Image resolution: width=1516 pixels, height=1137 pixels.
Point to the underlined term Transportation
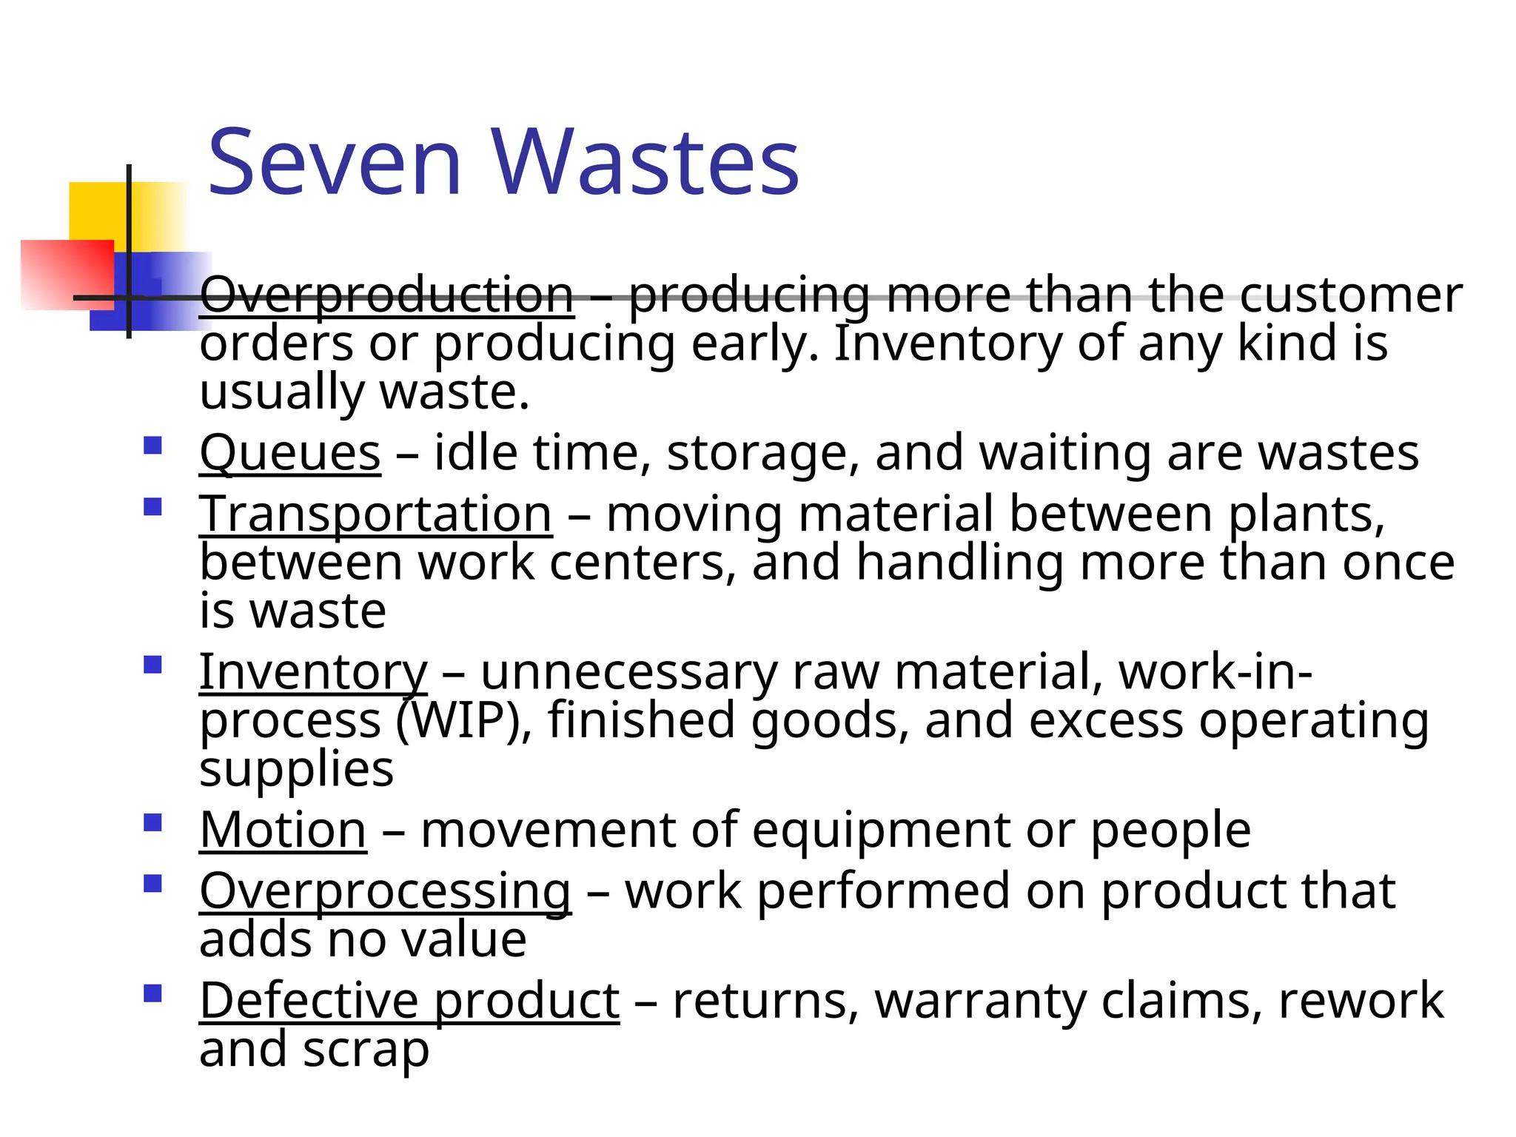click(x=376, y=514)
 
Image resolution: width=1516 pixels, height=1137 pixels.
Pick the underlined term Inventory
click(x=313, y=672)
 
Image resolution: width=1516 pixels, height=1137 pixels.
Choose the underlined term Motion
click(x=283, y=830)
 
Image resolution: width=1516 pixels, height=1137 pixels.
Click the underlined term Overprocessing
click(x=385, y=891)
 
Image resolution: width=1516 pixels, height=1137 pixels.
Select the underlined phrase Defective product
click(x=409, y=1001)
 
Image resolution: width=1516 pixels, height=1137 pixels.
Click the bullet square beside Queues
click(x=152, y=446)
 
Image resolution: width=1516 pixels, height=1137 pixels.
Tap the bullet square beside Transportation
click(x=152, y=507)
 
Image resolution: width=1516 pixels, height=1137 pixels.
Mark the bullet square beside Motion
click(x=152, y=823)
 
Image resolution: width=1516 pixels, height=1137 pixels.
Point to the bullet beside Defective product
click(x=152, y=993)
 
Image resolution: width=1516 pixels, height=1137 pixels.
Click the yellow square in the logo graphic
click(x=100, y=211)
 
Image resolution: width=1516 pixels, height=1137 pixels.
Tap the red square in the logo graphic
click(x=67, y=274)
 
